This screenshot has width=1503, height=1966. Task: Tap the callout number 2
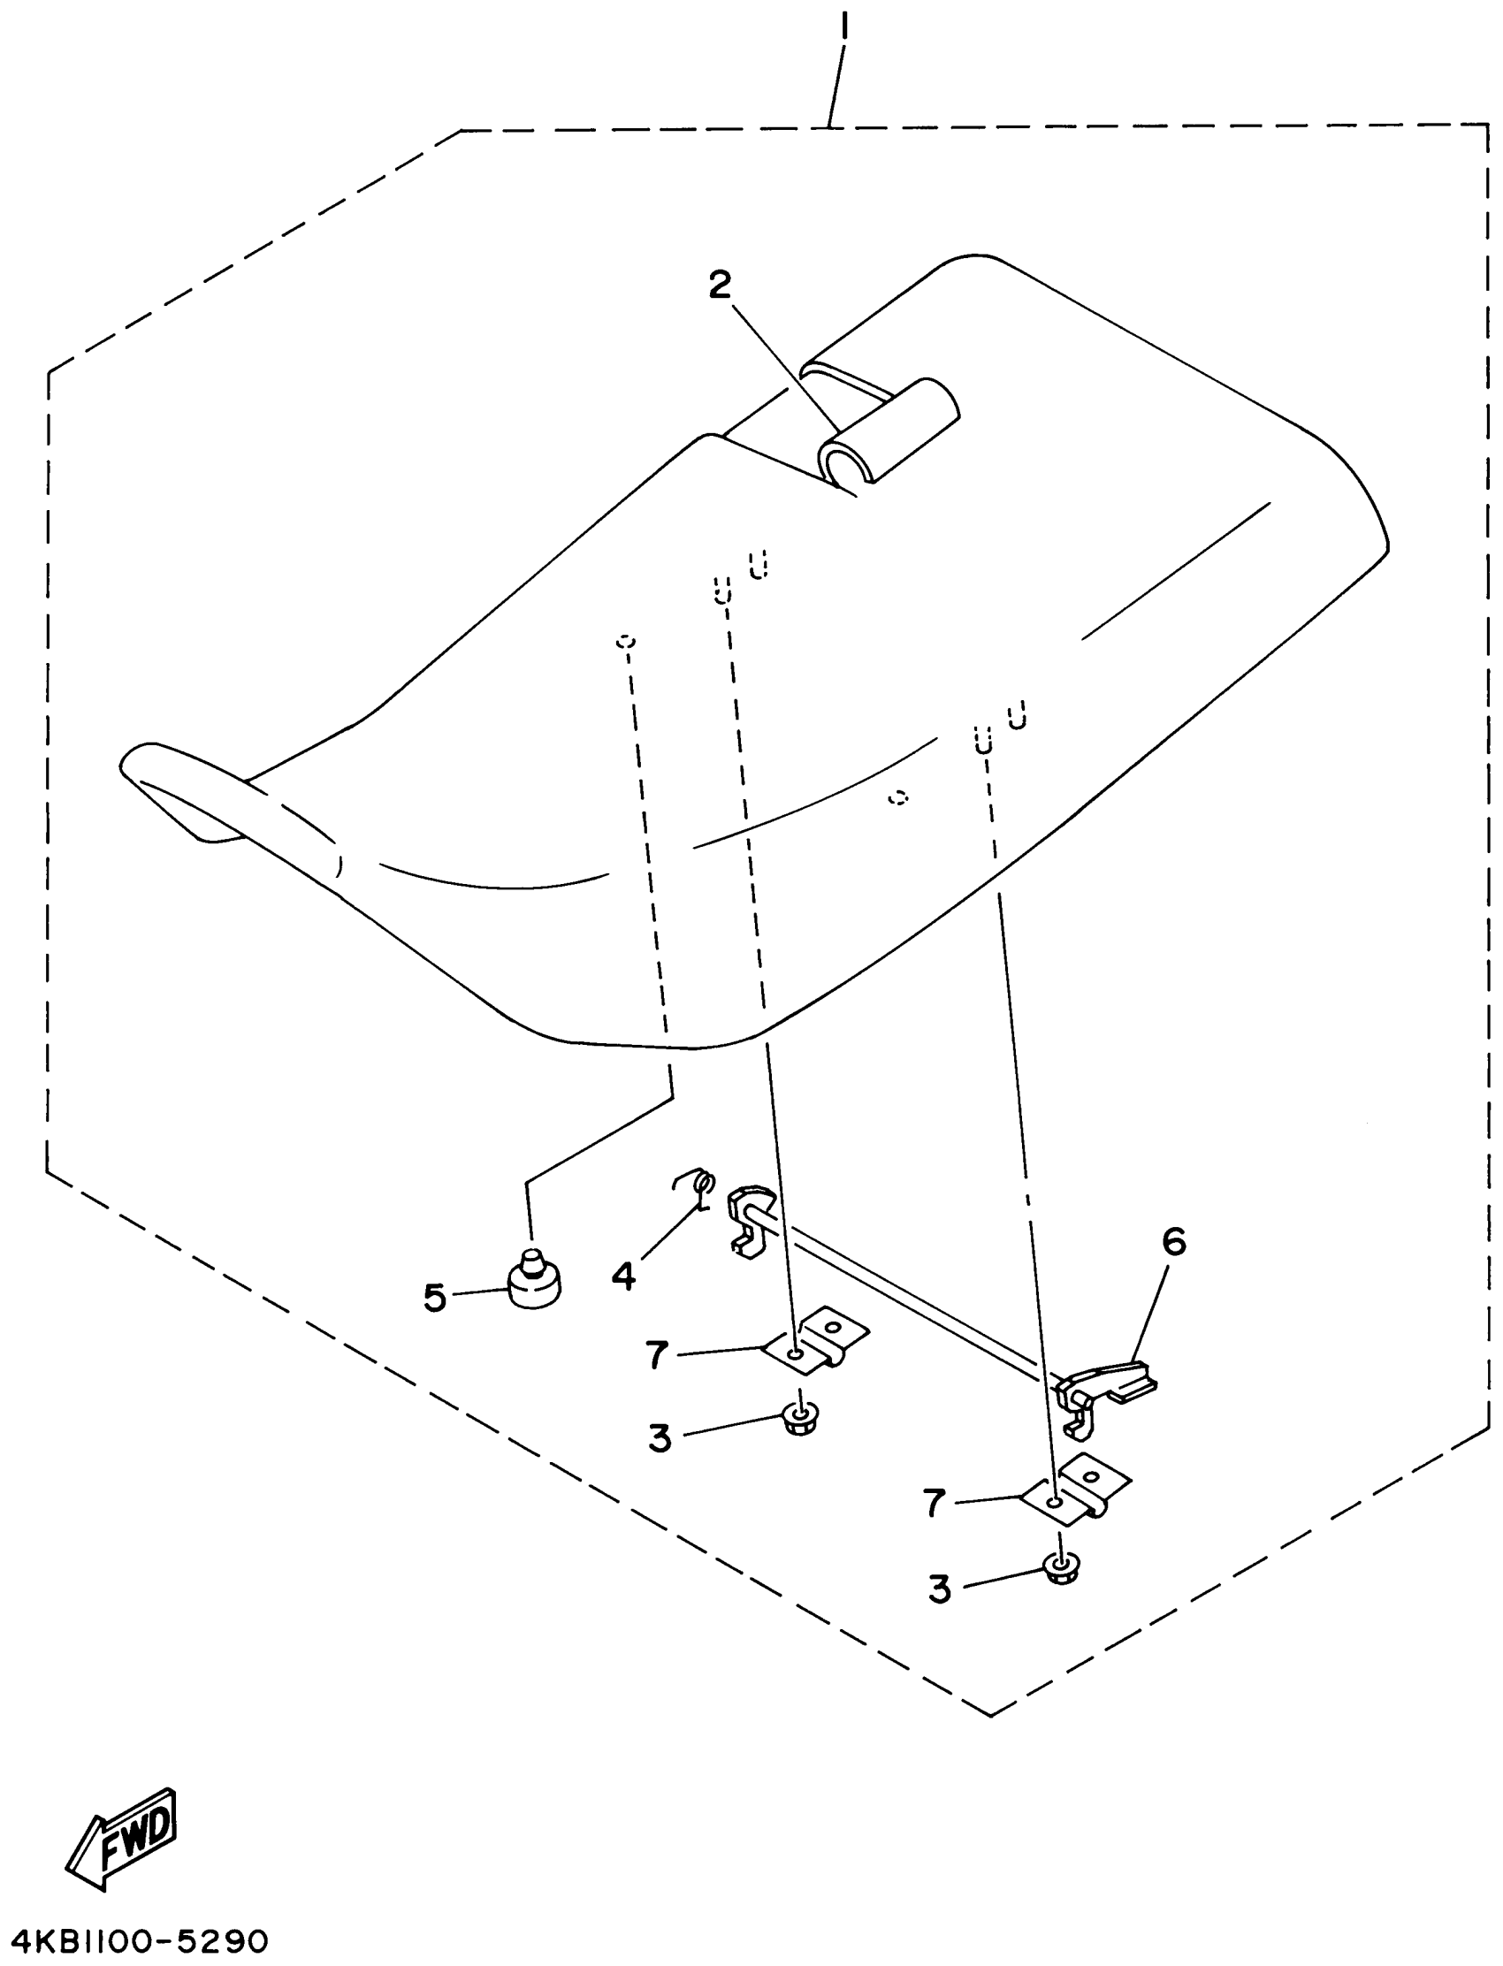coord(720,286)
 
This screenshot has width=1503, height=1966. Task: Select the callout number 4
coord(623,1276)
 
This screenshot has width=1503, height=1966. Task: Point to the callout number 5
coord(435,1298)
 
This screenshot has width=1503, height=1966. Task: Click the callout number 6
coord(1174,1241)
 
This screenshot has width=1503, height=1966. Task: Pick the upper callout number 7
coord(658,1356)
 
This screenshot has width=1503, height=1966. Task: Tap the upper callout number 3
coord(660,1438)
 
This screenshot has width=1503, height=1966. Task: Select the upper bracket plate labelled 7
coord(816,1341)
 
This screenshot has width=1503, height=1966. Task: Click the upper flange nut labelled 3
coord(798,1419)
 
